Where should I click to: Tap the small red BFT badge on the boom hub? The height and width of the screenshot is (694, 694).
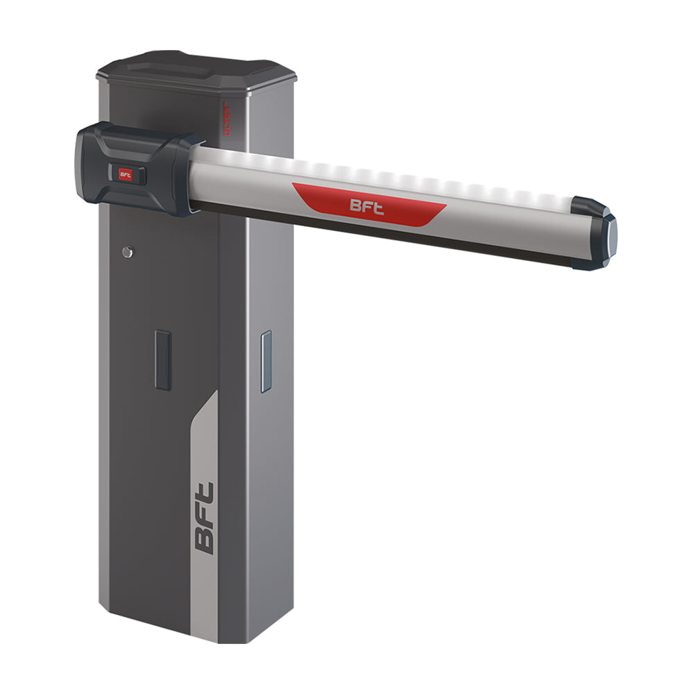point(126,175)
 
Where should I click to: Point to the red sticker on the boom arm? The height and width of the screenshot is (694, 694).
point(403,208)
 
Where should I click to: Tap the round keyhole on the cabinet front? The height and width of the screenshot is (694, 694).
point(126,252)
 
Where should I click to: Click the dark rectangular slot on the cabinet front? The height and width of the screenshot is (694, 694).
point(163,359)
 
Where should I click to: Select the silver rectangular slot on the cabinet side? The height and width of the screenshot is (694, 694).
point(265,361)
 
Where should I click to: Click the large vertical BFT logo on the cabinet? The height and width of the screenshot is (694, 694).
point(205,517)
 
